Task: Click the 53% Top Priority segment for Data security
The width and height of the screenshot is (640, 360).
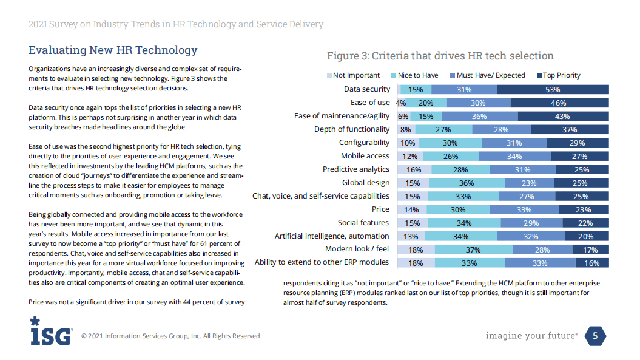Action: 553,90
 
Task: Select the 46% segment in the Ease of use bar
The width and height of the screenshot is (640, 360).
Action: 558,103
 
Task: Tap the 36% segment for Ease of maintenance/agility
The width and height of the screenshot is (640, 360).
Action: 480,117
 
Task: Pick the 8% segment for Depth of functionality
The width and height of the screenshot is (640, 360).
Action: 406,129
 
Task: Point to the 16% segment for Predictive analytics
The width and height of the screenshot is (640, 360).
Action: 414,169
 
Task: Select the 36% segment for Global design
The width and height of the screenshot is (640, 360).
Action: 467,183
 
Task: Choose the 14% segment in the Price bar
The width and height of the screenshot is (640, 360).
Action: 412,209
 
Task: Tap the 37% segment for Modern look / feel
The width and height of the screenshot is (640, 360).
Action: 473,250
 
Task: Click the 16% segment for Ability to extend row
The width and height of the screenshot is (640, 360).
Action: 592,263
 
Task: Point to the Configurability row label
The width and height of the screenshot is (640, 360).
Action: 364,143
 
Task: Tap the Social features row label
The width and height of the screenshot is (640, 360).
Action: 363,223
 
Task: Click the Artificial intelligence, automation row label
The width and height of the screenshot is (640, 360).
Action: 332,236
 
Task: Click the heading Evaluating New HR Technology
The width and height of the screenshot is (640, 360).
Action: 113,50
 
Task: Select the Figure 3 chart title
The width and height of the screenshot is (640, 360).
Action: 440,56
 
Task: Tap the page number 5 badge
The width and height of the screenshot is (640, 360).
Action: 595,336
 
